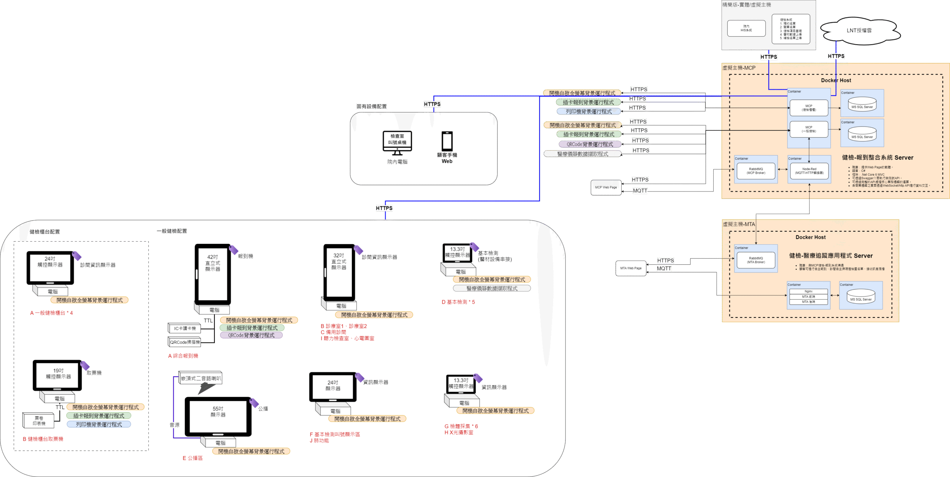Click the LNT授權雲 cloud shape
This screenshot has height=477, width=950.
click(x=859, y=30)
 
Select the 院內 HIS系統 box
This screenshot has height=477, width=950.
click(x=746, y=28)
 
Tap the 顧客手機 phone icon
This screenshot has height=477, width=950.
click(x=447, y=141)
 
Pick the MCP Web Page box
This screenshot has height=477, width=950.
click(x=606, y=187)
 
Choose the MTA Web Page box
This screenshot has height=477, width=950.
click(x=630, y=268)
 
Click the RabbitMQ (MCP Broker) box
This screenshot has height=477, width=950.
click(x=756, y=171)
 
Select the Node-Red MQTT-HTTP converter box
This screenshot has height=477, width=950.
click(x=809, y=171)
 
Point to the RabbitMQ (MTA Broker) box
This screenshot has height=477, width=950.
click(x=756, y=260)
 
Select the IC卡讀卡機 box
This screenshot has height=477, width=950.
click(x=184, y=328)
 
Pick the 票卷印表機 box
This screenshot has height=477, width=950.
click(x=39, y=421)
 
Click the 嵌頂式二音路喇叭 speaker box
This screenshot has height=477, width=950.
click(x=200, y=378)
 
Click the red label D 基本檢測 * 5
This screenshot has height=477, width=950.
click(x=458, y=302)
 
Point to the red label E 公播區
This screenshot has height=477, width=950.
click(x=193, y=458)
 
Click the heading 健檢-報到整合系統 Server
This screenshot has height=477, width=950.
click(x=878, y=157)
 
